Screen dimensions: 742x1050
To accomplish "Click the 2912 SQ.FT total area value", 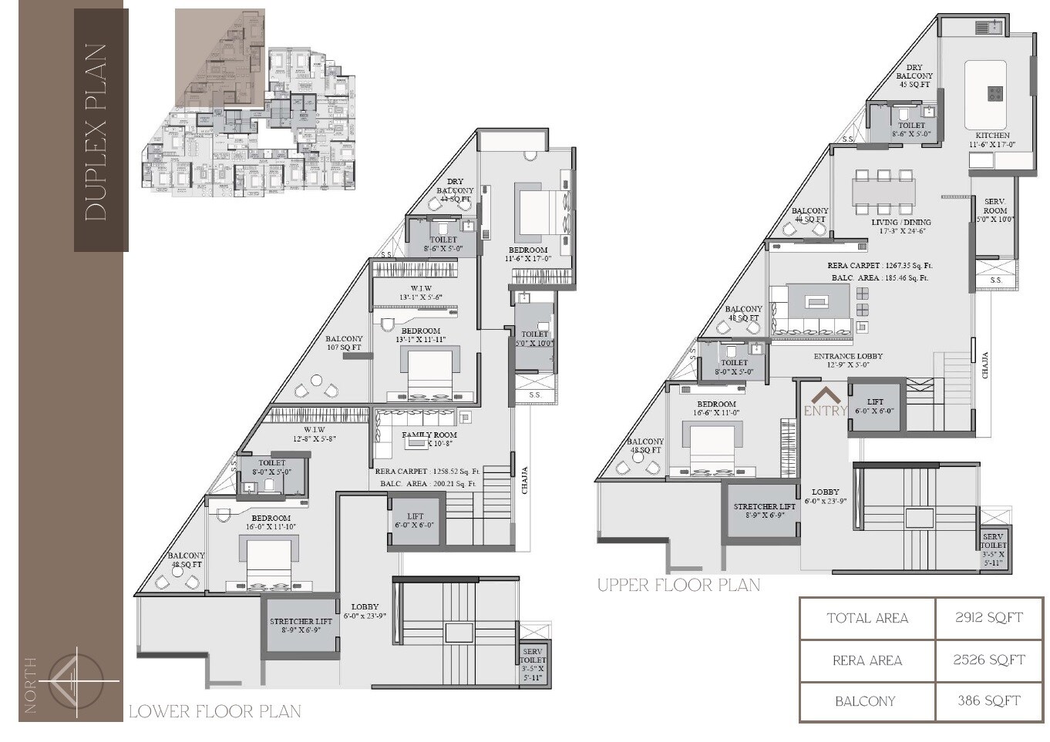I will [988, 618].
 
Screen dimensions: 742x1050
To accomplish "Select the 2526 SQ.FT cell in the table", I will [988, 660].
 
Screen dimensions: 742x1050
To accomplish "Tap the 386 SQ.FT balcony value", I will [988, 701].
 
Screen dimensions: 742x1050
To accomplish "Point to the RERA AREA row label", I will [867, 660].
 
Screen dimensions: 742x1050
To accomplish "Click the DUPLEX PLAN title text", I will [97, 132].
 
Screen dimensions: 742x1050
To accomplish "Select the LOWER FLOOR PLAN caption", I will [214, 711].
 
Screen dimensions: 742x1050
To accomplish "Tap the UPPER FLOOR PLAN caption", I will [678, 586].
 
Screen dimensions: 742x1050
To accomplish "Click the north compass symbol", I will [72, 680].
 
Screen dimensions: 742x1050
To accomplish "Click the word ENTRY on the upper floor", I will [825, 411].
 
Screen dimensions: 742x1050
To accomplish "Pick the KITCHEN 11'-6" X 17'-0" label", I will [992, 139].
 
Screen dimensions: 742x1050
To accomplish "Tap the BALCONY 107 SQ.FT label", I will [344, 343].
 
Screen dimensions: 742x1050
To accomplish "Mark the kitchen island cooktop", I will [995, 94].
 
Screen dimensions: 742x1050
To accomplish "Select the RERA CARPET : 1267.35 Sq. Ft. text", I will [880, 266].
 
